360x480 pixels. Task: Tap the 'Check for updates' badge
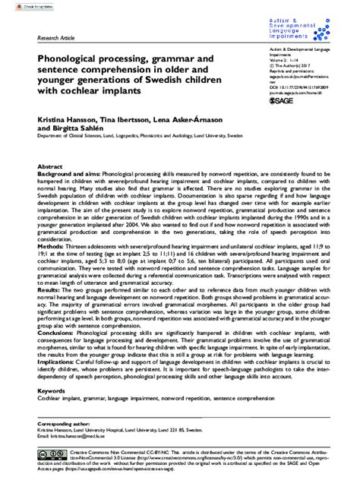tap(17, 5)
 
